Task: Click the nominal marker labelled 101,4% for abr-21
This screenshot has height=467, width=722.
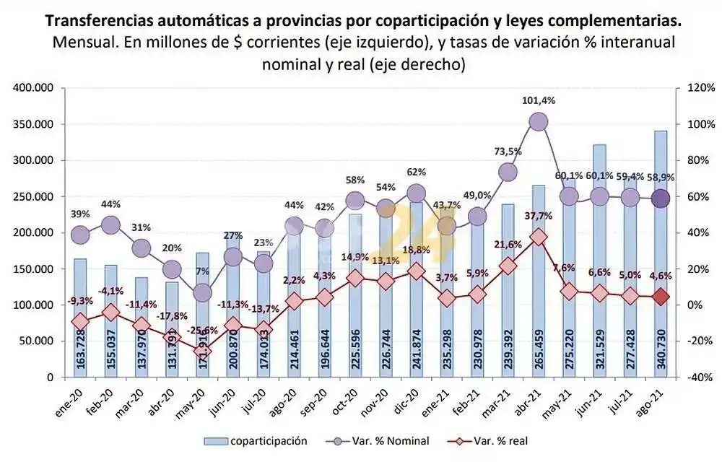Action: click(x=538, y=122)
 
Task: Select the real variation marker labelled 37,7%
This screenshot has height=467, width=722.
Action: click(x=538, y=237)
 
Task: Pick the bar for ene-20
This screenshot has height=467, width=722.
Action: click(x=80, y=318)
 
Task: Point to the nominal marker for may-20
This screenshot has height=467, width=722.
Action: click(x=203, y=292)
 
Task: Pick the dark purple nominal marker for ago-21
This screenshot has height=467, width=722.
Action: click(x=660, y=198)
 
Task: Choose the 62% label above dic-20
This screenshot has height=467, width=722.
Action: click(x=417, y=173)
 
